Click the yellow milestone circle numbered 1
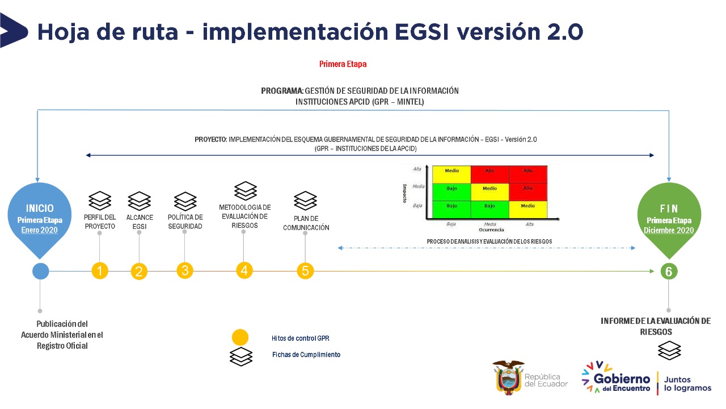pos(100,271)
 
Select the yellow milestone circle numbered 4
pos(244,270)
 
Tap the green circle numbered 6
pos(669,272)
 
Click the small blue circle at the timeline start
pos(40,271)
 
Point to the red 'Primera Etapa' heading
pos(343,64)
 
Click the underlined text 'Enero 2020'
pos(40,230)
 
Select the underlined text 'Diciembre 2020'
pos(669,230)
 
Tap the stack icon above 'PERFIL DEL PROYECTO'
pos(100,201)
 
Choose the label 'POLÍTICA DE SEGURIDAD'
pos(185,222)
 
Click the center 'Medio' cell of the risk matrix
pos(489,189)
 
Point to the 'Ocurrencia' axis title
pos(491,230)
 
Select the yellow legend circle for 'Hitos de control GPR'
pos(240,337)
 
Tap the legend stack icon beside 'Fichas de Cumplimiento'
pos(240,356)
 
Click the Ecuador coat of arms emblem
pos(508,377)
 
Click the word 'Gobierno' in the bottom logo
pos(622,379)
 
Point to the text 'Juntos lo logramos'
pos(687,383)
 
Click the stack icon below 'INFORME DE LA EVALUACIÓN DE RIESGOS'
pos(669,350)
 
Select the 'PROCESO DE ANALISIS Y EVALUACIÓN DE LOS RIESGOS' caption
pos(489,241)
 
